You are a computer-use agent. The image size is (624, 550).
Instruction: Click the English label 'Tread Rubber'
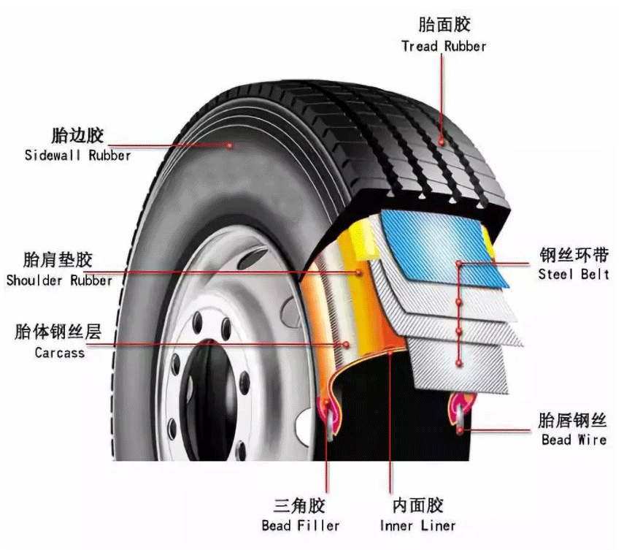pos(443,46)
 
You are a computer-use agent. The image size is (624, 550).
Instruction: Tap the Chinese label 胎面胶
pos(444,25)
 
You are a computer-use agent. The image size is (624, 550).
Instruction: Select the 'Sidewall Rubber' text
pos(77,155)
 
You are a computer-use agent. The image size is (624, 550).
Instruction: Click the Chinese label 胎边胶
pos(77,135)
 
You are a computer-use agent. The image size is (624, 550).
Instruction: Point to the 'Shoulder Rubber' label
pos(59,280)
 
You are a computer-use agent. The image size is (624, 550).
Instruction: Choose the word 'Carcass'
pos(59,352)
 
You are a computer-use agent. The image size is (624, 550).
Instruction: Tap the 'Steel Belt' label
pos(574,275)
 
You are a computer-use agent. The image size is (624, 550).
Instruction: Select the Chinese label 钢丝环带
pos(574,255)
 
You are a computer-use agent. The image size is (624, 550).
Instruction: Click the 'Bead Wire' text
pos(574,440)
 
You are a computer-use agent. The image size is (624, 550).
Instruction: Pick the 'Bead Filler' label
pos(300,525)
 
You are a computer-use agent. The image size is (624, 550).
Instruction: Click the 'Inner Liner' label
pos(417,525)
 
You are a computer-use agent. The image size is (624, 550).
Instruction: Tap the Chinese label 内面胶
pos(417,505)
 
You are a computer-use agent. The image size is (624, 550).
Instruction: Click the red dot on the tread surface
pos(442,137)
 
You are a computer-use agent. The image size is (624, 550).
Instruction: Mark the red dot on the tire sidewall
pos(229,145)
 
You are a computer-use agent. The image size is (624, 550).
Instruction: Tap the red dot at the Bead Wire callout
pos(461,429)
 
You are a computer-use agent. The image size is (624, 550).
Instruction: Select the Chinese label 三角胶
pos(299,505)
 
